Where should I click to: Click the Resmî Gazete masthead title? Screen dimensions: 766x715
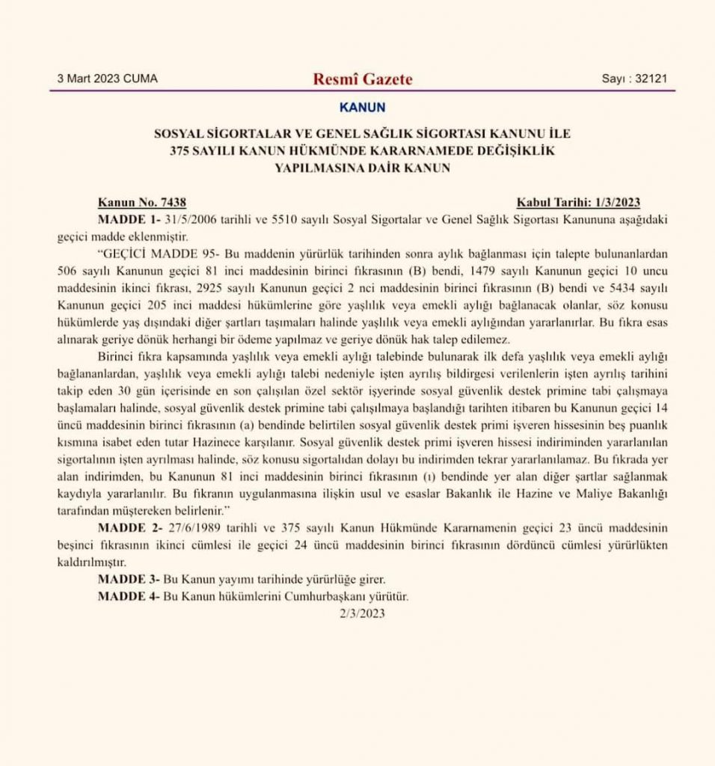point(363,79)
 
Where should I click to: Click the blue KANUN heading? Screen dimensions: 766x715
point(363,108)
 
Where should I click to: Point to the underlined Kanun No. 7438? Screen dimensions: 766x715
point(142,203)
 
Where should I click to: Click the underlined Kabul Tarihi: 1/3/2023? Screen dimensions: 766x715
point(578,203)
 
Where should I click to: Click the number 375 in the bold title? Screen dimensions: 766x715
point(182,151)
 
